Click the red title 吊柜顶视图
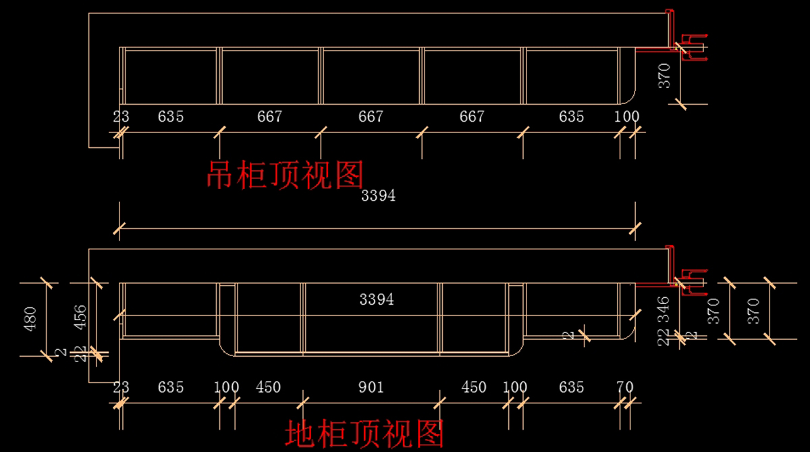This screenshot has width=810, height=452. (x=285, y=175)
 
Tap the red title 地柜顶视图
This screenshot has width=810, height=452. (x=364, y=434)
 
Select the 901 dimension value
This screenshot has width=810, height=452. (x=371, y=387)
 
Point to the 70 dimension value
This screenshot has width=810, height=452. (x=625, y=387)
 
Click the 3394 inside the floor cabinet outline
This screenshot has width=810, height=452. (x=377, y=300)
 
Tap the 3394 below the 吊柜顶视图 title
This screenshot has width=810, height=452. (x=378, y=197)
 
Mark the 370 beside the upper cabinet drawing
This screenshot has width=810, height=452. (x=665, y=75)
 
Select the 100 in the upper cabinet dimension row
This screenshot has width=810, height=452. (x=626, y=117)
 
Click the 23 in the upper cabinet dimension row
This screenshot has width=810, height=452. (x=121, y=117)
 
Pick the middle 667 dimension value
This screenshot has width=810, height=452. (x=371, y=117)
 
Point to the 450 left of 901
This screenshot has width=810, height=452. (x=268, y=387)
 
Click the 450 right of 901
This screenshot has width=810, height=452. (x=473, y=387)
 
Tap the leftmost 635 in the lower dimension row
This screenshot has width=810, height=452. (x=171, y=387)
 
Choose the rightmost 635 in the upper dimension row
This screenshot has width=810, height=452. (x=571, y=117)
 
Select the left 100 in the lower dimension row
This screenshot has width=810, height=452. (x=226, y=387)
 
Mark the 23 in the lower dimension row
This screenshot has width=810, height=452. (x=121, y=387)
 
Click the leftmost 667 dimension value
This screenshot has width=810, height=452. (x=269, y=117)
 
